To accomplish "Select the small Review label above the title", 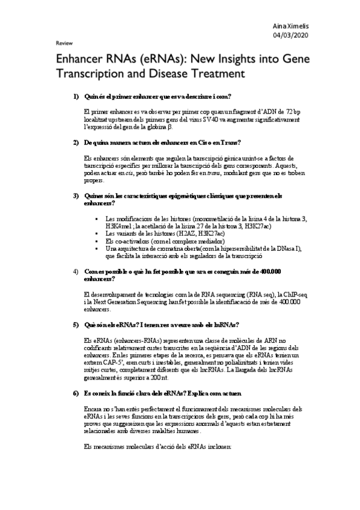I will click(x=64, y=44).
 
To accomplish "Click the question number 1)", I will click(x=76, y=97).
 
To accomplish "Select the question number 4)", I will click(x=76, y=271).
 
